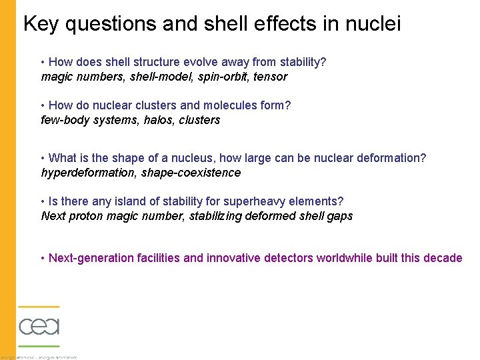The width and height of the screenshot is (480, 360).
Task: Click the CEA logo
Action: pos(39,326)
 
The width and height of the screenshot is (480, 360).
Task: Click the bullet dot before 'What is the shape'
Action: pos(43,158)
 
